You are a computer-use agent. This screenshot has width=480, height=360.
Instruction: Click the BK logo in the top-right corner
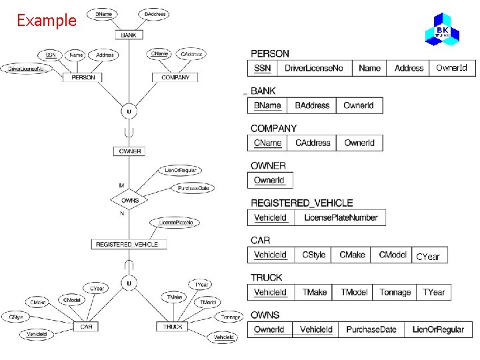442,29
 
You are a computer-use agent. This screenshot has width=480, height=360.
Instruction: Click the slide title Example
47,21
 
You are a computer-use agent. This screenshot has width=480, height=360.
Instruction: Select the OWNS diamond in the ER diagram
130,199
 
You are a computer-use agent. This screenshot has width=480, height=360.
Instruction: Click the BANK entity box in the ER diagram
129,35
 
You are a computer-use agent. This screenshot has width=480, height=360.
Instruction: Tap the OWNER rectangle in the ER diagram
130,151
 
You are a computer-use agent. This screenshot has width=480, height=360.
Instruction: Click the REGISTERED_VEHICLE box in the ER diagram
127,245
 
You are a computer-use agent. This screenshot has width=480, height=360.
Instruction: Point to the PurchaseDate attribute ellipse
193,188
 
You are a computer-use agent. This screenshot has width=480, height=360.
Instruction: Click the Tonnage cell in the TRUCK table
395,292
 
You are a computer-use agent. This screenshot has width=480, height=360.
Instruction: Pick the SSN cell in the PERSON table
263,68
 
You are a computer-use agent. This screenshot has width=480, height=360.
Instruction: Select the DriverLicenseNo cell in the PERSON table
313,68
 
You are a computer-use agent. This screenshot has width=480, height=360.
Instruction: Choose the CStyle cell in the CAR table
313,255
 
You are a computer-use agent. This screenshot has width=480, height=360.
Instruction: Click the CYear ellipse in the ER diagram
97,289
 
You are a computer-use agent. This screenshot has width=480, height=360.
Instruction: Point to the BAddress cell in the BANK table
312,105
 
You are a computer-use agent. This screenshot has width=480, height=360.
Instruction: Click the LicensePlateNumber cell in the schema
341,217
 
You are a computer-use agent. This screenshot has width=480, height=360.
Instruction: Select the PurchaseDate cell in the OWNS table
371,329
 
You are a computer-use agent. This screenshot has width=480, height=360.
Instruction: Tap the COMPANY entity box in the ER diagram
175,77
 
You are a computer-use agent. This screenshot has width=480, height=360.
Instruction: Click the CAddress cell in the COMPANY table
313,143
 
